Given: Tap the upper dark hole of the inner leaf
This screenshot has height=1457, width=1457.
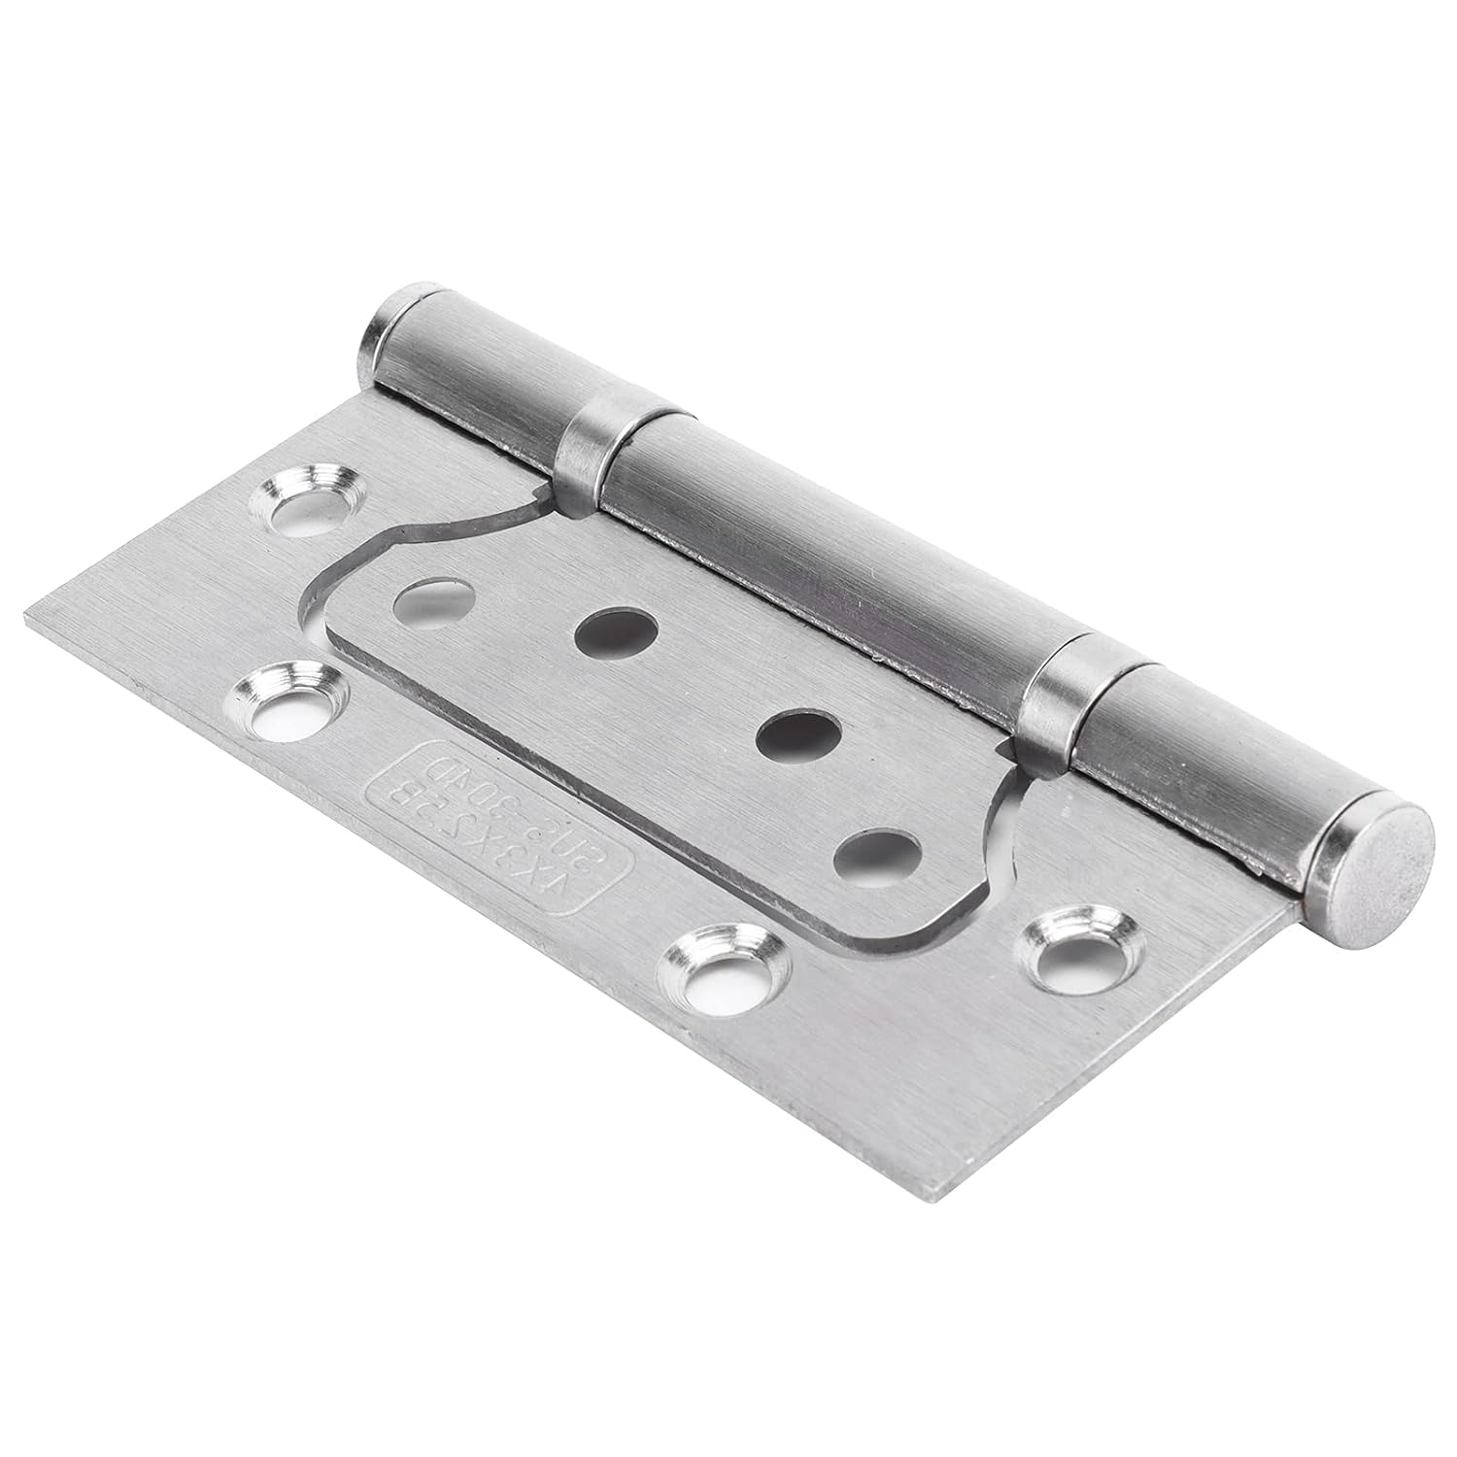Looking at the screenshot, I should (x=608, y=635).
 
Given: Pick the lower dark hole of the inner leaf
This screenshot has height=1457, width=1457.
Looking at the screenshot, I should (x=787, y=740).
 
